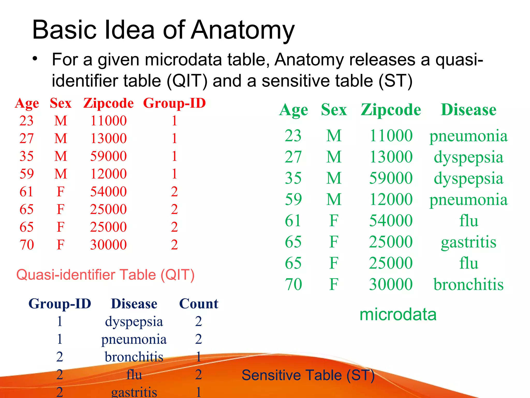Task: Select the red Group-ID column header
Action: click(174, 103)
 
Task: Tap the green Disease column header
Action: click(468, 110)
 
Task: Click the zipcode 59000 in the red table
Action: click(108, 156)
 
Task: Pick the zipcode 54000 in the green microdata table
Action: click(391, 221)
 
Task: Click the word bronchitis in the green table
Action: click(468, 285)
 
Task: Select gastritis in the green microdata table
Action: click(468, 242)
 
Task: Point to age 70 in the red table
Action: click(27, 245)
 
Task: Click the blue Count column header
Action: click(198, 304)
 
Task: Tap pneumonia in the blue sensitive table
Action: click(134, 339)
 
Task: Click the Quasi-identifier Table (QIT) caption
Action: click(105, 275)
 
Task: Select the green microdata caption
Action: click(398, 315)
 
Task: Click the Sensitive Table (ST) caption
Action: click(308, 375)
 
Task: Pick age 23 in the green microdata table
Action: click(293, 136)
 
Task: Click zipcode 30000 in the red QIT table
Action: click(108, 245)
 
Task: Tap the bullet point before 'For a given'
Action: click(35, 59)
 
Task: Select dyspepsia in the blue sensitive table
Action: click(134, 322)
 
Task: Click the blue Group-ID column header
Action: click(60, 304)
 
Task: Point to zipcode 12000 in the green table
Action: click(391, 200)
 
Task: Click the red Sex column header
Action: click(60, 103)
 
